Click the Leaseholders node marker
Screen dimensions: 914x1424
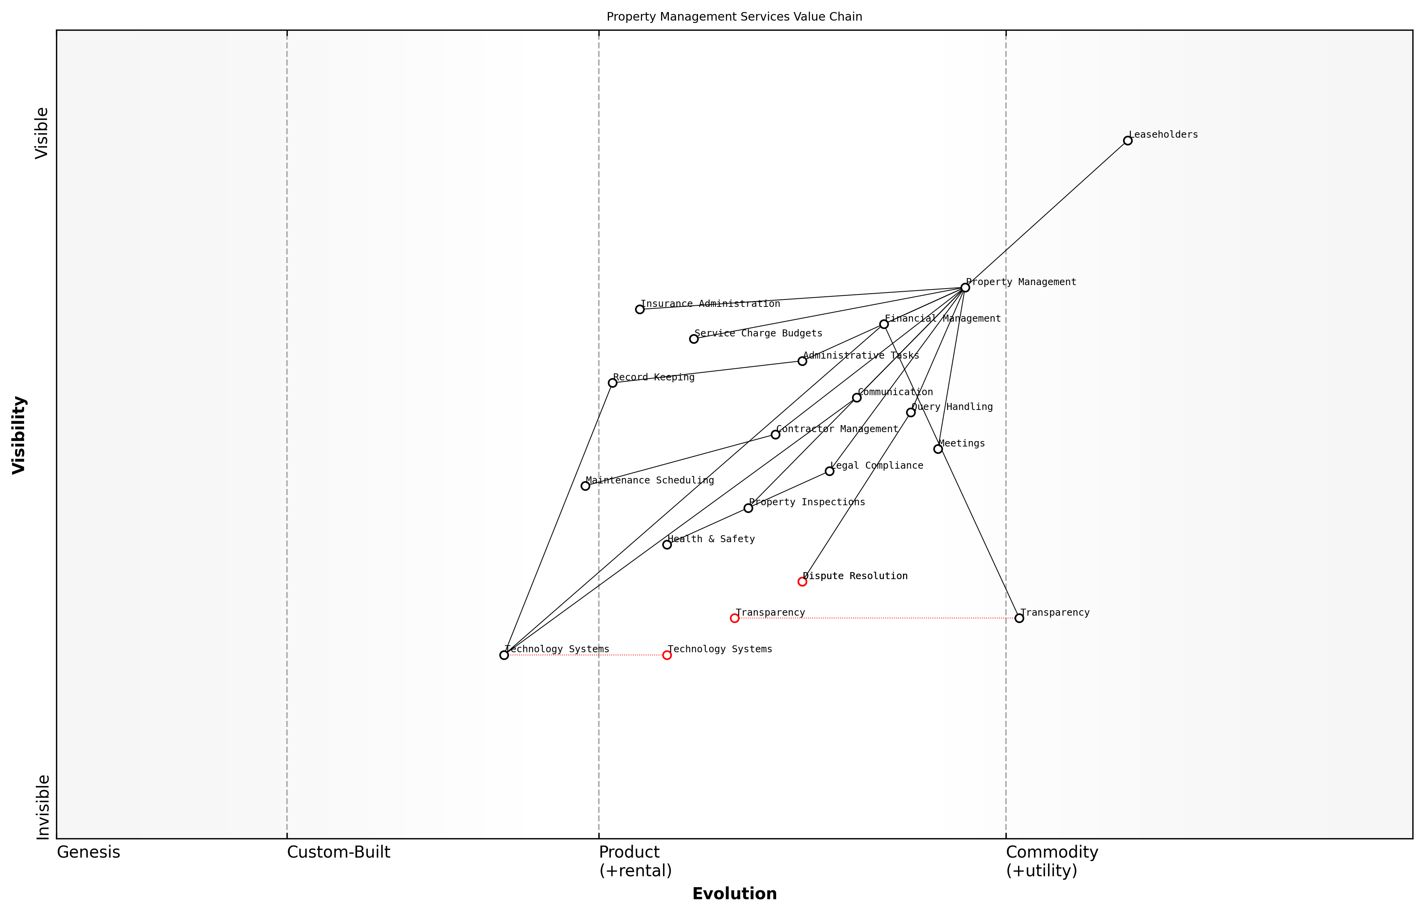pos(1127,141)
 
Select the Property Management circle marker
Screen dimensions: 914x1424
pos(965,287)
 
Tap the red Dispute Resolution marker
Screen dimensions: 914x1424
pos(802,581)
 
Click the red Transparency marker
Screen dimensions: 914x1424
pos(735,618)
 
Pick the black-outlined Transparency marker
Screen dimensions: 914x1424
pos(1019,618)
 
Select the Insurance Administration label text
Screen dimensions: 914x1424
pos(710,304)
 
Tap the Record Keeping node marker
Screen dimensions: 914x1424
pos(612,383)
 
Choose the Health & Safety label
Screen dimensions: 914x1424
pos(711,539)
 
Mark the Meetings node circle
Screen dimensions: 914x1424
pos(938,449)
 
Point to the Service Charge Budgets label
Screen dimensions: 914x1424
pos(758,334)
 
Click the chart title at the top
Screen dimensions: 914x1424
pos(734,17)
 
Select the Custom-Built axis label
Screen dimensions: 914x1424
pos(338,852)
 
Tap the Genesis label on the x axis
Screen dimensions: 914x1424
pos(88,852)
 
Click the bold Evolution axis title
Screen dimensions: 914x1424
pos(734,894)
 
